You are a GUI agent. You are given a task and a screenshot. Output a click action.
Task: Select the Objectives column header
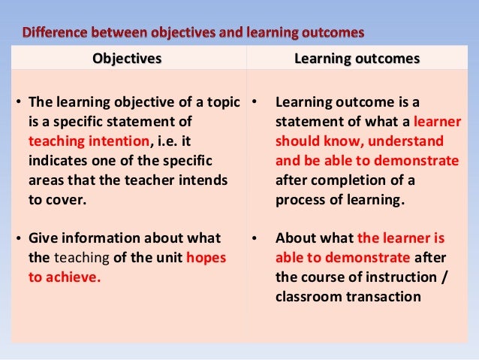pyautogui.click(x=127, y=59)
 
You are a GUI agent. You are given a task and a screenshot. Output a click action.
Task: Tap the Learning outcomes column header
pyautogui.click(x=362, y=59)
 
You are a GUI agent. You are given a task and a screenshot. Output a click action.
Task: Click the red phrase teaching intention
pyautogui.click(x=89, y=141)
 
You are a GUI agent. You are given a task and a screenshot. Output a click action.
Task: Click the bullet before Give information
pyautogui.click(x=19, y=239)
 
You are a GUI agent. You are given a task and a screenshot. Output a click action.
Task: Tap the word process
pyautogui.click(x=301, y=200)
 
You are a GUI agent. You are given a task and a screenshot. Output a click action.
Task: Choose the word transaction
pyautogui.click(x=384, y=296)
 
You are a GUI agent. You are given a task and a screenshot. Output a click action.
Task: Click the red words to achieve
pyautogui.click(x=65, y=277)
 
